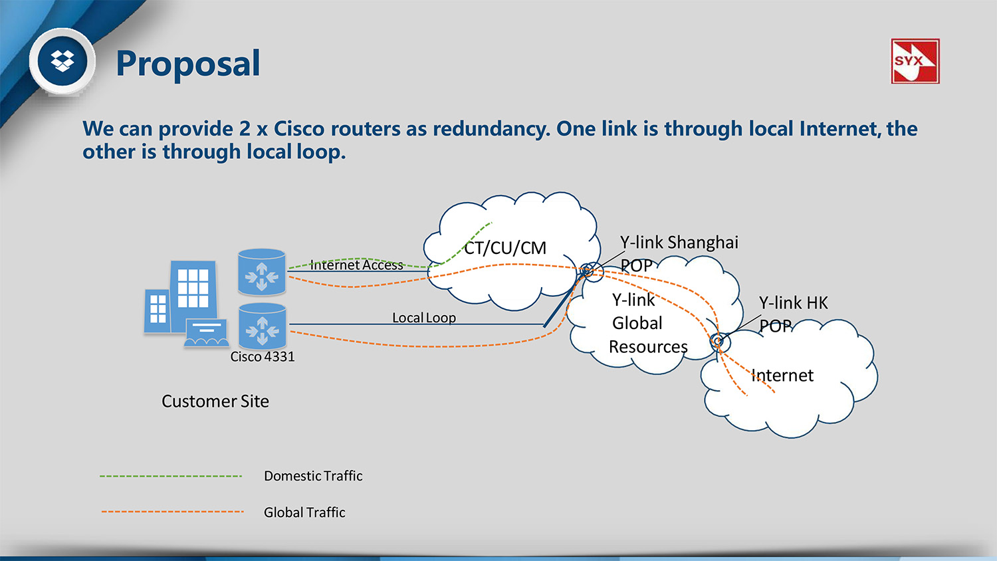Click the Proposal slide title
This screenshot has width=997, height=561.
click(187, 64)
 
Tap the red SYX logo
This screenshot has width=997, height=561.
click(915, 61)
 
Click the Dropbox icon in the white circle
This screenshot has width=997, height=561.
click(63, 61)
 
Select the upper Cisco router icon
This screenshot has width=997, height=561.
click(262, 273)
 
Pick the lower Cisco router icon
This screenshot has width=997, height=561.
click(262, 326)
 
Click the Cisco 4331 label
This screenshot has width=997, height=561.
click(263, 357)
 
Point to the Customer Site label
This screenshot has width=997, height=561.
click(215, 401)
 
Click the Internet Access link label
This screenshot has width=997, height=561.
click(356, 265)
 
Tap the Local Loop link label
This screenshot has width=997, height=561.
click(424, 318)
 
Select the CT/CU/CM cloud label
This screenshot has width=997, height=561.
click(505, 248)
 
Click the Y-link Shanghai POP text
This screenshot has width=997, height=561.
click(678, 253)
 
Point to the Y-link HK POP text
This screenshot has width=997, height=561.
click(793, 314)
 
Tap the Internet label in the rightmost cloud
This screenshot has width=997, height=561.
click(782, 376)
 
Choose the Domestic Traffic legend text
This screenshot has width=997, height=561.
click(313, 476)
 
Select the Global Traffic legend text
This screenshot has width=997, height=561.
click(304, 512)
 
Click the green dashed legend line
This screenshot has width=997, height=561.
click(171, 476)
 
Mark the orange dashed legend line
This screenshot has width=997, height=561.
click(173, 512)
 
